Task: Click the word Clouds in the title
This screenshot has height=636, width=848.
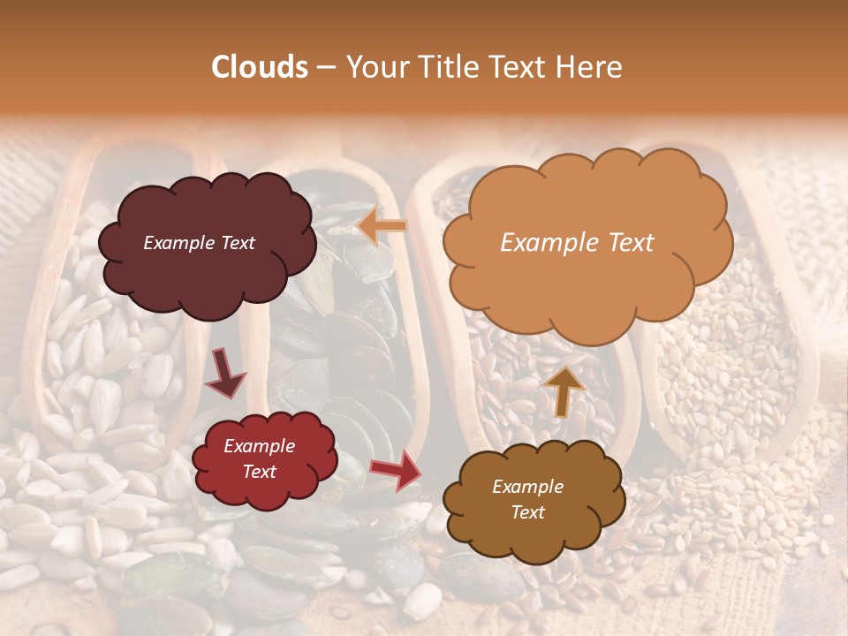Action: [x=260, y=67]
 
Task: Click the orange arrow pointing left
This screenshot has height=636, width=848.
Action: [x=382, y=227]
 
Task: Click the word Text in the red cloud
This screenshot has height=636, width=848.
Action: [x=260, y=472]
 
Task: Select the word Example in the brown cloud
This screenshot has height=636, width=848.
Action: [x=527, y=487]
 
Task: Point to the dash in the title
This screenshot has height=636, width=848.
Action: [x=326, y=67]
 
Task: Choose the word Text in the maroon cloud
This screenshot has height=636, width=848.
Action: [x=237, y=243]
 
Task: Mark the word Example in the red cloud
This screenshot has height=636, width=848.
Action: [x=260, y=446]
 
